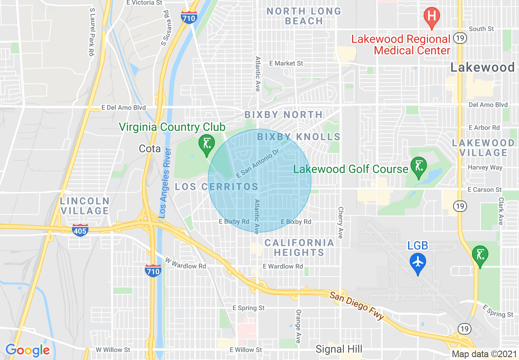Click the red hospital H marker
[x=431, y=17]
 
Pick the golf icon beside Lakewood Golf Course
[x=419, y=167]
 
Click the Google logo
[x=27, y=350]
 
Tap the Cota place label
[x=150, y=148]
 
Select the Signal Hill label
[x=339, y=349]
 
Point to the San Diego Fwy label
[x=357, y=305]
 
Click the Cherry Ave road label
[x=341, y=223]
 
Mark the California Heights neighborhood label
[x=299, y=248]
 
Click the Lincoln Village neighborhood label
[x=85, y=206]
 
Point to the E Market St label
[x=286, y=63]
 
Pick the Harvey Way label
[x=485, y=167]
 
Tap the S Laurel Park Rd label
[x=91, y=32]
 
